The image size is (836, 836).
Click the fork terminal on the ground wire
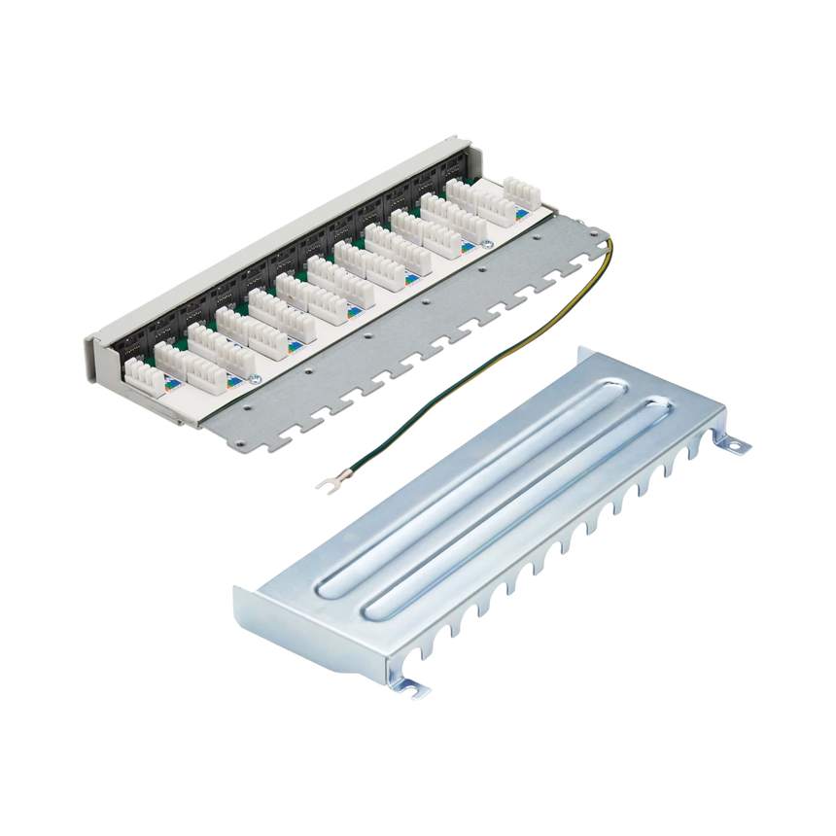pos(325,482)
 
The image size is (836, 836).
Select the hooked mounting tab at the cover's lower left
pos(417,689)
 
